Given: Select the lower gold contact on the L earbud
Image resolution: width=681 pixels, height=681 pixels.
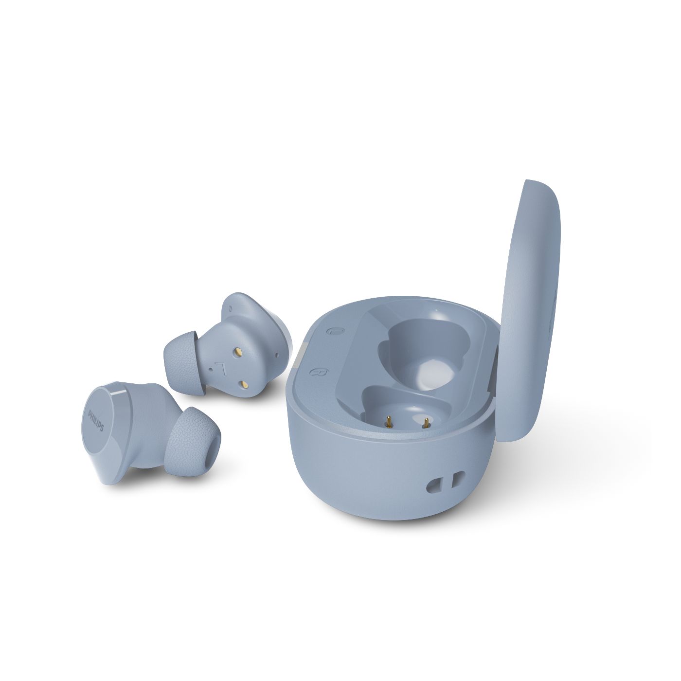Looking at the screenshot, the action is coord(244,384).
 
